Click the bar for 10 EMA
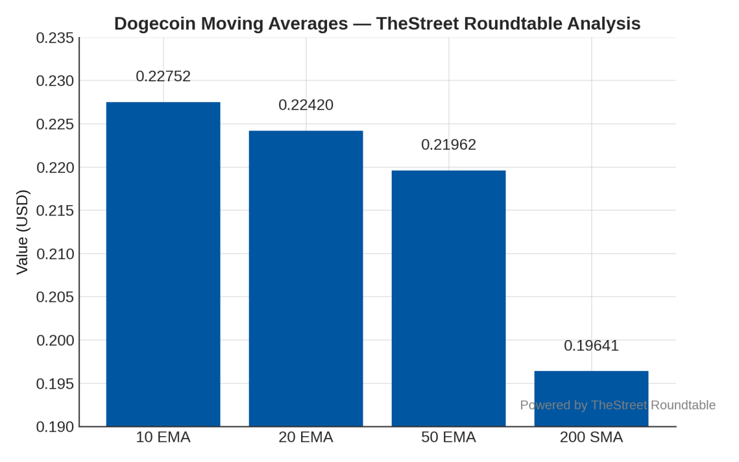point(163,264)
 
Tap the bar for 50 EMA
point(448,298)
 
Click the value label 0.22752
point(163,76)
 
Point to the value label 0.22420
point(306,105)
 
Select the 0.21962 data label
point(448,145)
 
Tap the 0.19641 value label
point(591,346)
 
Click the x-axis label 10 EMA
point(163,437)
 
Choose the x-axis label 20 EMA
point(306,437)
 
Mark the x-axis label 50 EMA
point(448,437)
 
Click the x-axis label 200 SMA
point(591,437)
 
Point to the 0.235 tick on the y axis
point(55,38)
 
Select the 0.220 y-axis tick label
point(55,168)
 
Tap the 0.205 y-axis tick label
point(55,298)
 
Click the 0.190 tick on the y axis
point(55,427)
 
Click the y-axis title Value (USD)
point(22,232)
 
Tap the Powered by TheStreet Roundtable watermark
point(618,405)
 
